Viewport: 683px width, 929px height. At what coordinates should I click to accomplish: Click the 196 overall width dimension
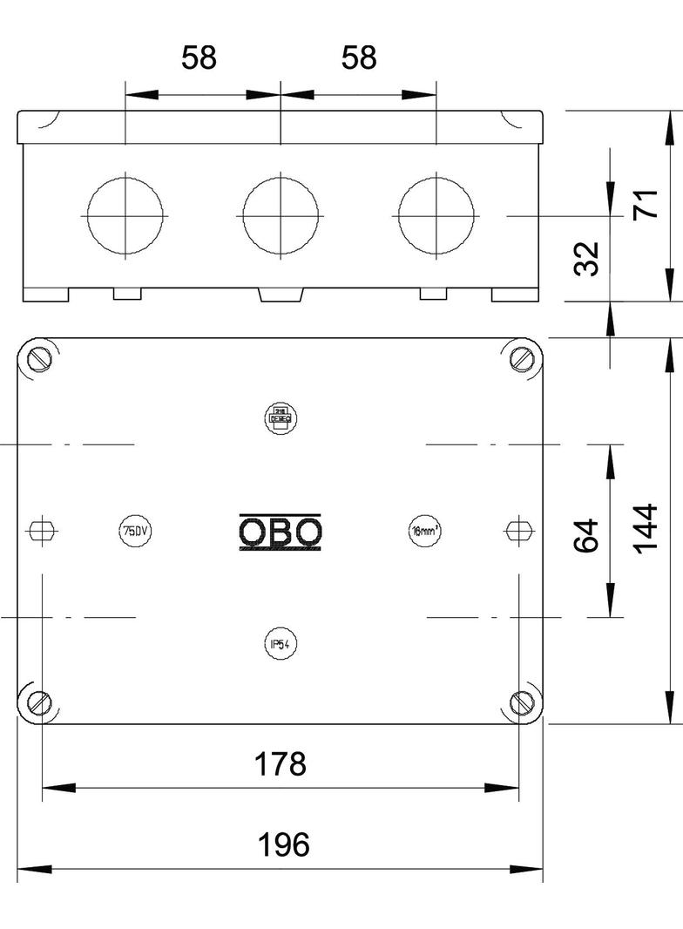(284, 844)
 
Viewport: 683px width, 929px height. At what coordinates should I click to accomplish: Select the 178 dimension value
(280, 764)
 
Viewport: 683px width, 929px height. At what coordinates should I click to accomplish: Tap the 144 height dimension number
(646, 528)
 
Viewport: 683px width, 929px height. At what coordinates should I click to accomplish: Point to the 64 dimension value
(587, 534)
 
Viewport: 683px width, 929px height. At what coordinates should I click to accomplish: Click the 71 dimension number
(646, 207)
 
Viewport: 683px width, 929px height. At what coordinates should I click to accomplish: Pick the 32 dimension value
(589, 259)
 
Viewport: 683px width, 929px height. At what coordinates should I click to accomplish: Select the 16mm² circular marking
(425, 531)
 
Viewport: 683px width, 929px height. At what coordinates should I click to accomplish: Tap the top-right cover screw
(521, 358)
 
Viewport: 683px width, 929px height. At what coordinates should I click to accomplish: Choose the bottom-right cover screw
(521, 701)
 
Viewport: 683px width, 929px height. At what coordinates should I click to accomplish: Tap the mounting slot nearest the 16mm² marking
(518, 530)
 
